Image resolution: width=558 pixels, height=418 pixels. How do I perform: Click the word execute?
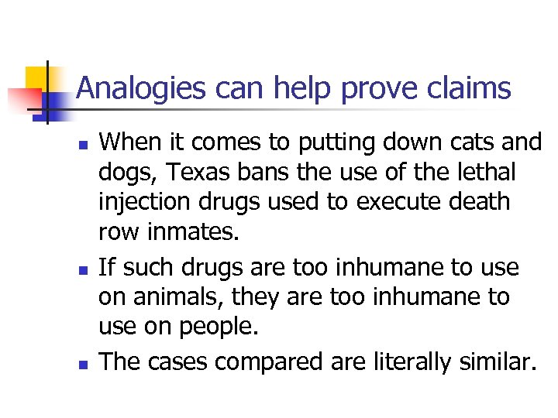409,200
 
